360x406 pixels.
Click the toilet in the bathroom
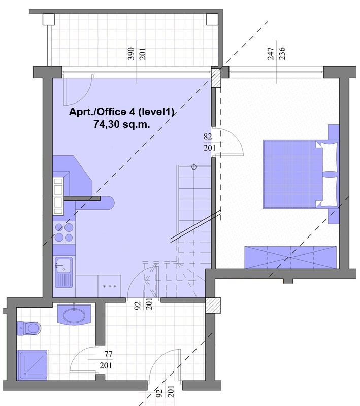tap(29, 328)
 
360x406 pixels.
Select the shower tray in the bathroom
tap(32, 365)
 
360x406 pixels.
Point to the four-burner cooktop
tap(64, 232)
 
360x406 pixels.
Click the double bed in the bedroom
tap(301, 174)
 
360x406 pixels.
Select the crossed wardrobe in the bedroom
tap(290, 258)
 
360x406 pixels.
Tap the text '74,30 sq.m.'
tap(122, 125)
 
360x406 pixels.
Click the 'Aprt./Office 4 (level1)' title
tap(121, 112)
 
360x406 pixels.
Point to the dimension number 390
tap(132, 54)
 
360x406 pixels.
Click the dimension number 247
tap(271, 54)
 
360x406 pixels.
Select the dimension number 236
tap(282, 54)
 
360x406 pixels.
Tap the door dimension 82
tap(208, 136)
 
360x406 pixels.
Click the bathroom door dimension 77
tap(108, 354)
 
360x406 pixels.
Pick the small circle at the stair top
tap(194, 167)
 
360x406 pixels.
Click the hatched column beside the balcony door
tap(216, 77)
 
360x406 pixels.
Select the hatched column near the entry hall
tap(213, 306)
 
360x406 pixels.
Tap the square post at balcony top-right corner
tap(212, 19)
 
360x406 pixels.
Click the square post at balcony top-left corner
tap(48, 19)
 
